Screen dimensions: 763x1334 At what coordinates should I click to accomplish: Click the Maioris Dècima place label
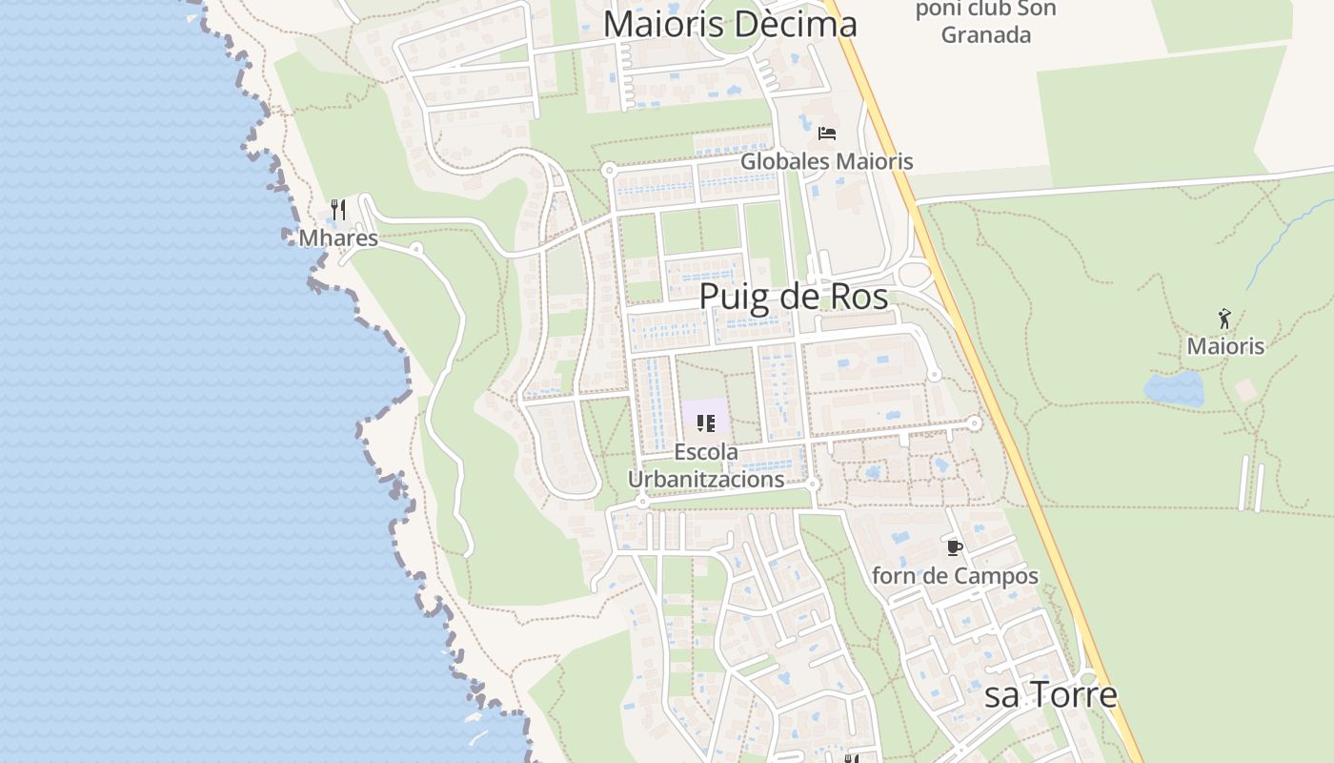(730, 24)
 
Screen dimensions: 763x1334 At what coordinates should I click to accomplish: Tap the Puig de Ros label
(794, 297)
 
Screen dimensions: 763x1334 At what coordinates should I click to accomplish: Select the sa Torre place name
(1050, 694)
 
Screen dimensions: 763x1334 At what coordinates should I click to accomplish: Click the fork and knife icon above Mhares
(338, 209)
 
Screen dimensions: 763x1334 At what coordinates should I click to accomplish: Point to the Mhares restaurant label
(338, 238)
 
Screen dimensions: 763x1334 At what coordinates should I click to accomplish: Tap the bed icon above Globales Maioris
(827, 134)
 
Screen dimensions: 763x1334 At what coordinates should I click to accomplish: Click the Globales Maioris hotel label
(827, 161)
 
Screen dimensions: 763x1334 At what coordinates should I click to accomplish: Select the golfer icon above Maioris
(1224, 318)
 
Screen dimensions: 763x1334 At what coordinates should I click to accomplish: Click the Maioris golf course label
(1225, 346)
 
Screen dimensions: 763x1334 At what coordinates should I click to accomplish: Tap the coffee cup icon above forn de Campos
(954, 547)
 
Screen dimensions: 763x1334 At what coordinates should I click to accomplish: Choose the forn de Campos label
(955, 576)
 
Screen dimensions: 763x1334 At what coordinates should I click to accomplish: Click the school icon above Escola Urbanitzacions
(705, 423)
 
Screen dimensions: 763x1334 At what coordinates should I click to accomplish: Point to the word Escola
(706, 451)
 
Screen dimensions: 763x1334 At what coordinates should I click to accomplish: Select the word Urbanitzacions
(706, 479)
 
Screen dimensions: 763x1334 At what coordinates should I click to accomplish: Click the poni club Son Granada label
(985, 22)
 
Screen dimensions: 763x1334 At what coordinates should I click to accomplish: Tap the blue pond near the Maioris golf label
(1173, 389)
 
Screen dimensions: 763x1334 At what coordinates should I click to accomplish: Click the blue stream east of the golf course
(1286, 238)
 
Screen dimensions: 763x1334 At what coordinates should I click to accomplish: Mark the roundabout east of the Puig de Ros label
(913, 275)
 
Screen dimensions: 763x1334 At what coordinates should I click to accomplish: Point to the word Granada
(985, 35)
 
